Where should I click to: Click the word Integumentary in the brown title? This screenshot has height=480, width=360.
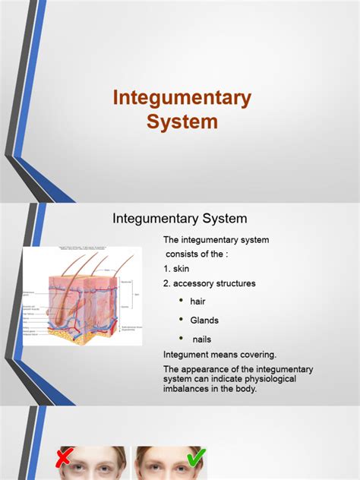(x=182, y=98)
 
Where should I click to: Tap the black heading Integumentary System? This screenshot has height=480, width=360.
(x=180, y=219)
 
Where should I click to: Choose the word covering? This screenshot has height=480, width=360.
(x=254, y=354)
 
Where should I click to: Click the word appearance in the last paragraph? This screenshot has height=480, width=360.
(x=211, y=369)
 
